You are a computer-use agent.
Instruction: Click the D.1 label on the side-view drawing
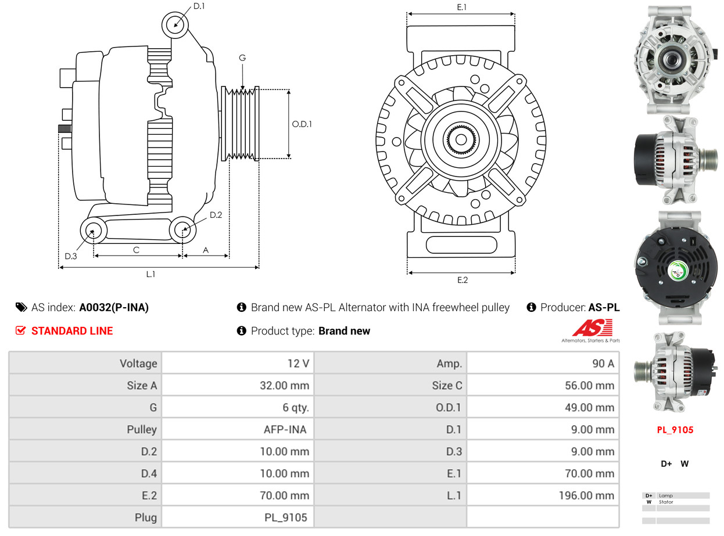199,6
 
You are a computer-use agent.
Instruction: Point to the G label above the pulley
242,57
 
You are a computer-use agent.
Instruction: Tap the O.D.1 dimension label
302,124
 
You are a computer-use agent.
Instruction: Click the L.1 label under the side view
150,274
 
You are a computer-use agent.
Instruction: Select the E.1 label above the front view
462,7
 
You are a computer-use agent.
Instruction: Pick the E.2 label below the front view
462,280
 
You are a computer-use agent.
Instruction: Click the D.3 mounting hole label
71,256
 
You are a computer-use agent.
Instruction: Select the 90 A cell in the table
603,364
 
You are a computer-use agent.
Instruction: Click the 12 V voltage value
298,364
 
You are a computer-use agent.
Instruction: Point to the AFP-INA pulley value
285,430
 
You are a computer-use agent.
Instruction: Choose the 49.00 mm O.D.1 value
589,407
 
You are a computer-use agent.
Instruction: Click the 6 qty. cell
292,407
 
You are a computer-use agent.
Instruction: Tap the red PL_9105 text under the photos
675,430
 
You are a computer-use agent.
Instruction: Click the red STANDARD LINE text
72,331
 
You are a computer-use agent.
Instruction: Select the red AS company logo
592,329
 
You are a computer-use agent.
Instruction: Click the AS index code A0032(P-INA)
114,308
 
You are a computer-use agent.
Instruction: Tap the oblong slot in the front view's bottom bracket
461,244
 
